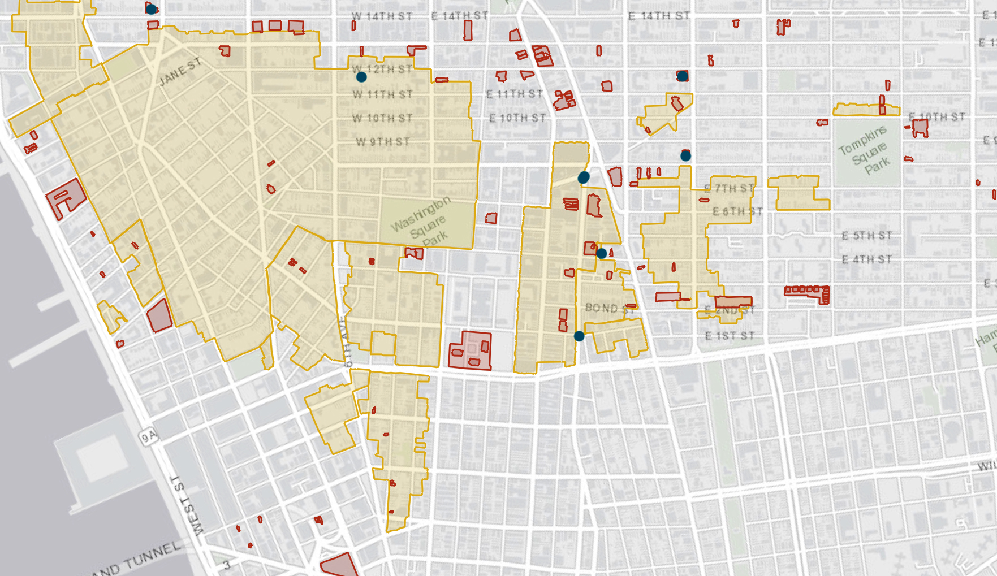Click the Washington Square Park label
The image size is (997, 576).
click(421, 221)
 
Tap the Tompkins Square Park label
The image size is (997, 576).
click(864, 149)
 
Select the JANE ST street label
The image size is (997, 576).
click(180, 72)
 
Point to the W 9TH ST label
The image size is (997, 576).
click(382, 141)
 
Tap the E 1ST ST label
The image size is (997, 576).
click(730, 336)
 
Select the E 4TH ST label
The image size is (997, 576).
click(866, 259)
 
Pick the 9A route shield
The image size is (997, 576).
click(148, 436)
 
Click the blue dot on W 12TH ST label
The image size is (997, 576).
click(361, 76)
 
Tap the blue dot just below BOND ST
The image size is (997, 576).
click(579, 336)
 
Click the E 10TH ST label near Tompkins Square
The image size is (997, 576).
click(936, 117)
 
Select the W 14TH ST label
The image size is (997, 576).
click(382, 16)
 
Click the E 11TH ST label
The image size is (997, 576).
click(515, 94)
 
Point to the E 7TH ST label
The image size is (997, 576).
click(729, 188)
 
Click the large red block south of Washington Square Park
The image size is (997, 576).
click(470, 350)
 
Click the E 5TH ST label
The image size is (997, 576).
click(866, 235)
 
